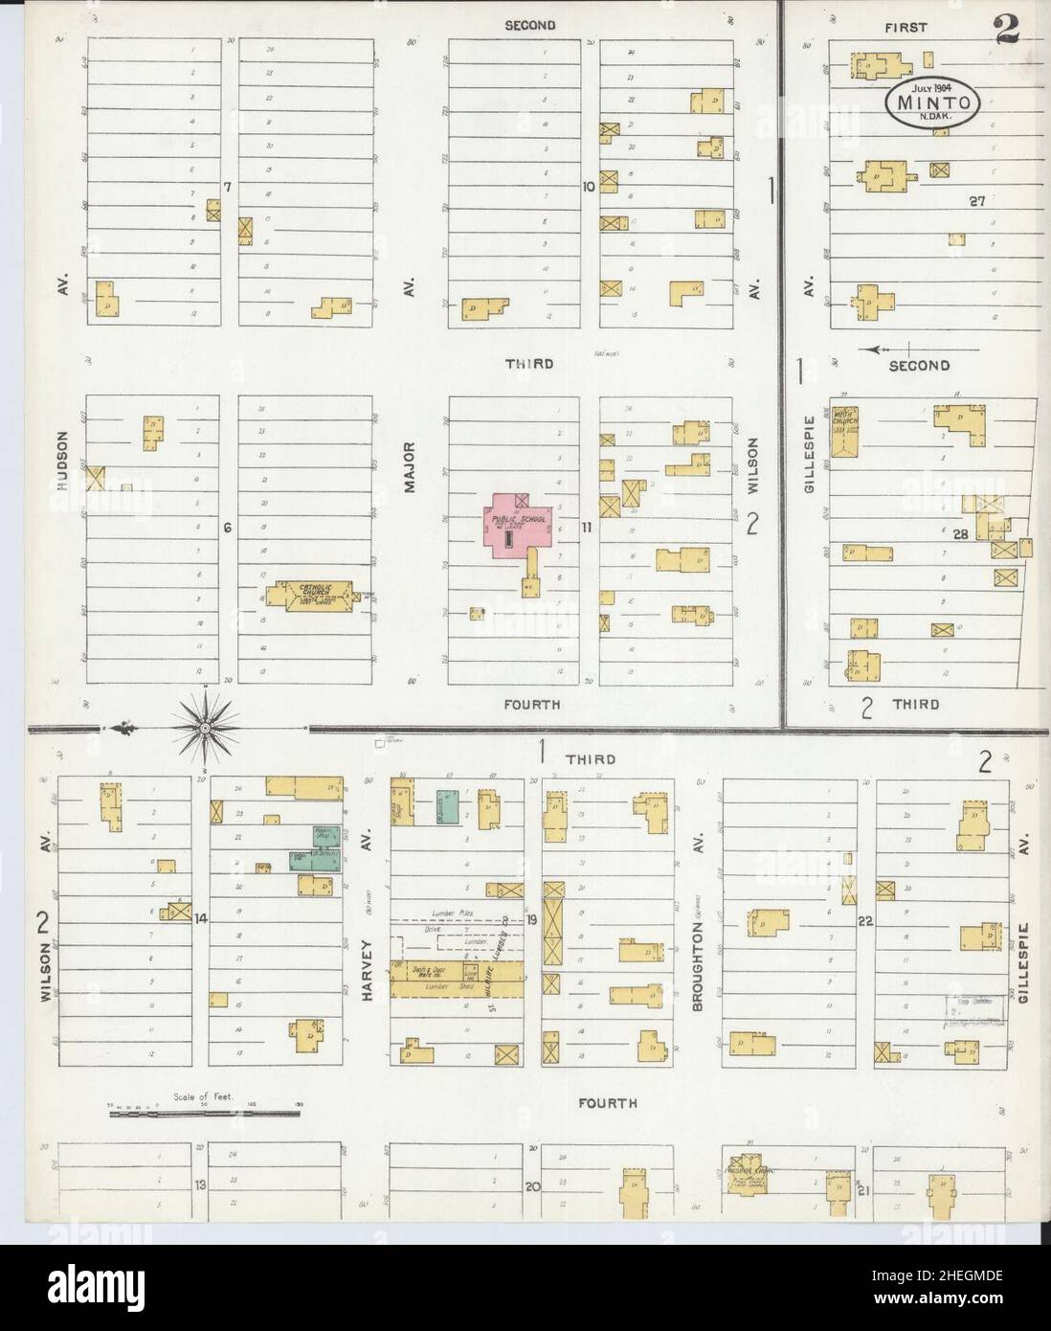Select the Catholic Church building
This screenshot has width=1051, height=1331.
tap(313, 594)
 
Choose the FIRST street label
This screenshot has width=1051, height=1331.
tap(906, 27)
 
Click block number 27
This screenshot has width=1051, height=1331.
tap(975, 200)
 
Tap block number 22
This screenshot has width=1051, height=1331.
tap(865, 921)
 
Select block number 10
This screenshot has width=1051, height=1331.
tap(590, 187)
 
